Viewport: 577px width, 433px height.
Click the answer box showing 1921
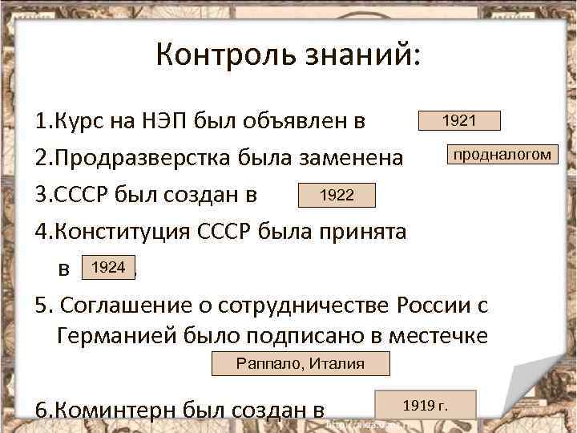459,120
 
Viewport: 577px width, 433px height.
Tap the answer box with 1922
336,195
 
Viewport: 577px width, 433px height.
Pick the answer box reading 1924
108,268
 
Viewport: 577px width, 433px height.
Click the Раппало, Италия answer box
301,363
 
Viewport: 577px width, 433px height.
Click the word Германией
127,335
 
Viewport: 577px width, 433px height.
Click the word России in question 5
430,306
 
